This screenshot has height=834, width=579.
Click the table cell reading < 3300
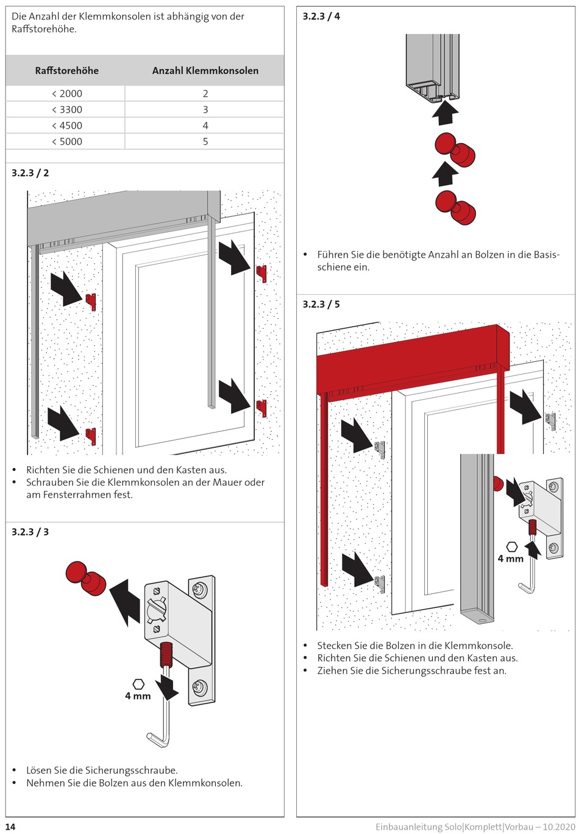pyautogui.click(x=66, y=110)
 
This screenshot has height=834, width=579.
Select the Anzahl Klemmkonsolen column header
pyautogui.click(x=205, y=71)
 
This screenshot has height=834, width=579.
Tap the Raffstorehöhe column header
pyautogui.click(x=66, y=71)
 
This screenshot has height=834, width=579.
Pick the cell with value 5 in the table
pyautogui.click(x=205, y=141)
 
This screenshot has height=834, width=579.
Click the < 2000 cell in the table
pyautogui.click(x=66, y=94)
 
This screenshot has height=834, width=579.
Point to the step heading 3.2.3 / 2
pyautogui.click(x=30, y=173)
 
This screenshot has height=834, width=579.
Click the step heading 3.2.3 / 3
pyautogui.click(x=30, y=532)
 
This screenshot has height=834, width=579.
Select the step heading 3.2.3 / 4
pyautogui.click(x=321, y=16)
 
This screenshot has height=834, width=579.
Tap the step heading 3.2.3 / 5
pyautogui.click(x=321, y=304)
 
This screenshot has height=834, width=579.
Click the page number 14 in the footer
pyautogui.click(x=10, y=827)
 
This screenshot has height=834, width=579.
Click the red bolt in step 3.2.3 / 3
pyautogui.click(x=86, y=579)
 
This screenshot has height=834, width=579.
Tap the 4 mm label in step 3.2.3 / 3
pyautogui.click(x=138, y=696)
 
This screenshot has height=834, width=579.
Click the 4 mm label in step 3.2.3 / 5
pyautogui.click(x=511, y=558)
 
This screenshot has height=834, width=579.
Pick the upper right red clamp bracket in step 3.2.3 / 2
pyautogui.click(x=261, y=273)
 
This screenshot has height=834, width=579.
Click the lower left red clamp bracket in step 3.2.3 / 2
pyautogui.click(x=91, y=435)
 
